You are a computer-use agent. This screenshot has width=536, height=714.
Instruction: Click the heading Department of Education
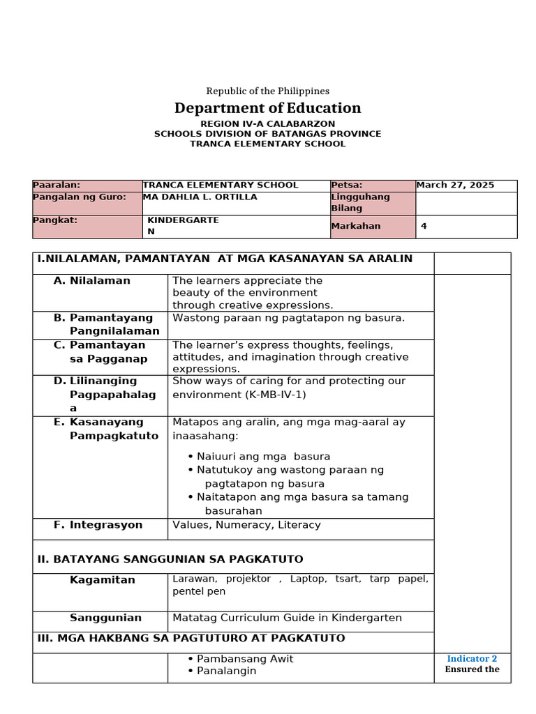(267, 108)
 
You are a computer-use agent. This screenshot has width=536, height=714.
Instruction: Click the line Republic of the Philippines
(267, 91)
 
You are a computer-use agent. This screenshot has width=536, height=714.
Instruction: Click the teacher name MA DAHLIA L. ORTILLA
(200, 197)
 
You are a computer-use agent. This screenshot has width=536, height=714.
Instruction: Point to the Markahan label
(356, 227)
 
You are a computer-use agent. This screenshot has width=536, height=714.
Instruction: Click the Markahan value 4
(424, 226)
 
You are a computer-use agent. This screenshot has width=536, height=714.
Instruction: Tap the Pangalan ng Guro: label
(80, 197)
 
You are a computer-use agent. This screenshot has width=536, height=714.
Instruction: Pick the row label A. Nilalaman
(92, 280)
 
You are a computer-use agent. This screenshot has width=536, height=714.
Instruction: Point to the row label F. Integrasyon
(98, 525)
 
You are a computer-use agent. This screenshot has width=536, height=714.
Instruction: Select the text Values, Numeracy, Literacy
(246, 525)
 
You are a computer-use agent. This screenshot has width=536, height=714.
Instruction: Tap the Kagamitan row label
(102, 580)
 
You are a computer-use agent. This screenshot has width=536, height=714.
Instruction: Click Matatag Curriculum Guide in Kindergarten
(287, 618)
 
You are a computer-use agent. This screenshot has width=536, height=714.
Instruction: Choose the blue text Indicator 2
(472, 659)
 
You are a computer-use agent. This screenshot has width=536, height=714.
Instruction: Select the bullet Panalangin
(226, 671)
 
